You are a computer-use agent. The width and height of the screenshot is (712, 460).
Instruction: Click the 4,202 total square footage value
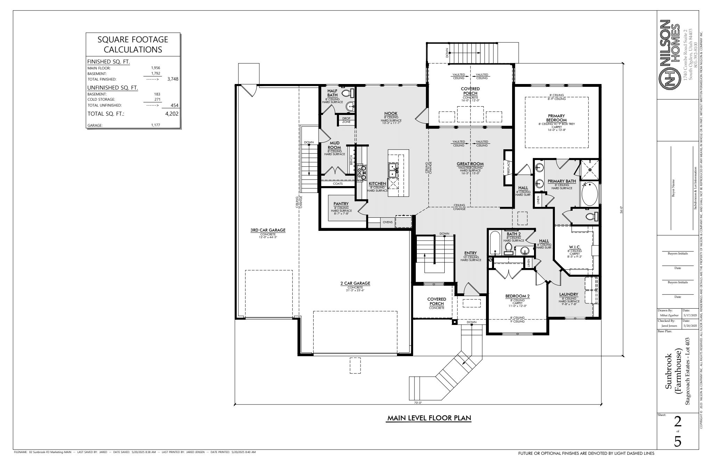pos(172,114)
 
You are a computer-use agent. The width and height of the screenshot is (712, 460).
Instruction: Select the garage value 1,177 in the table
pos(156,125)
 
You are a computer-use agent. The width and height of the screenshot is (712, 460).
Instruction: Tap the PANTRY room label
pos(341,204)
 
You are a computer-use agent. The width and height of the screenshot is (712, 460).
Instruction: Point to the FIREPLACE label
pos(508,168)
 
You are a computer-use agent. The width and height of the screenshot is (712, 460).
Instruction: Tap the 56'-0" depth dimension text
pos(621,210)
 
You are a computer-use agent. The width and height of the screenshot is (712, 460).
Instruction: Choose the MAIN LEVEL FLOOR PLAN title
pos(429,418)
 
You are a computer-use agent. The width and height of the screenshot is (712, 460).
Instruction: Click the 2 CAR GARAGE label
pos(355,283)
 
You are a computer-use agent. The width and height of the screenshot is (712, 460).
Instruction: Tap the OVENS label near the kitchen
pos(388,222)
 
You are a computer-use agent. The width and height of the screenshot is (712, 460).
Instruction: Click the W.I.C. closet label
pos(574,247)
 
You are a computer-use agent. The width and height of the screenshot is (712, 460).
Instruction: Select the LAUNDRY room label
pos(568,294)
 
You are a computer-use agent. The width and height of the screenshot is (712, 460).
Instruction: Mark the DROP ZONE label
pos(346,120)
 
